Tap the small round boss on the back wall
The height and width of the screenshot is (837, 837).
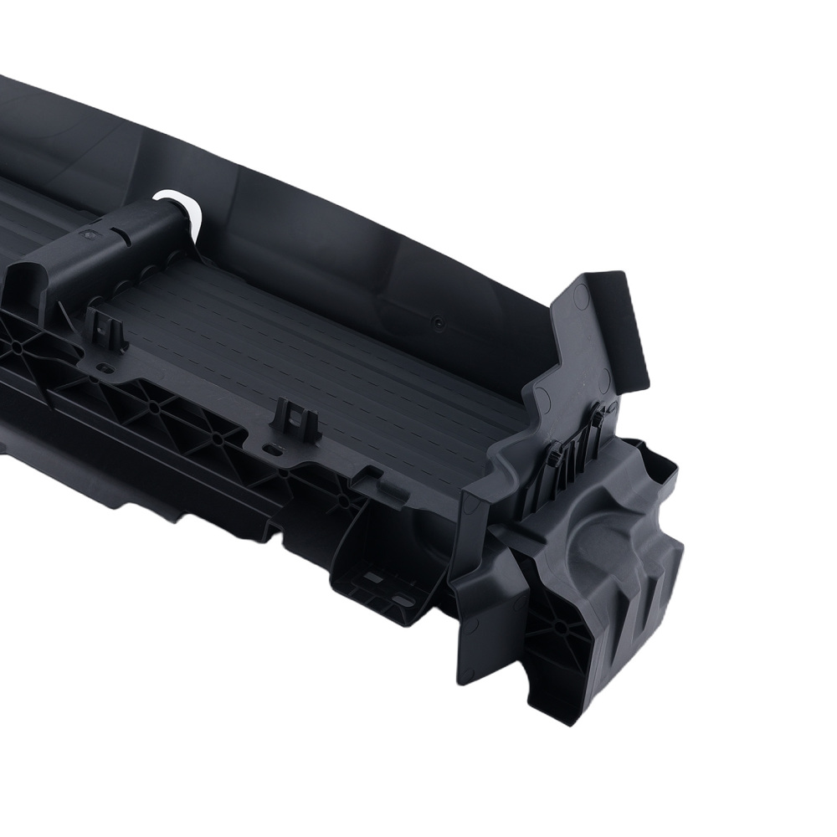pyautogui.click(x=438, y=321)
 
